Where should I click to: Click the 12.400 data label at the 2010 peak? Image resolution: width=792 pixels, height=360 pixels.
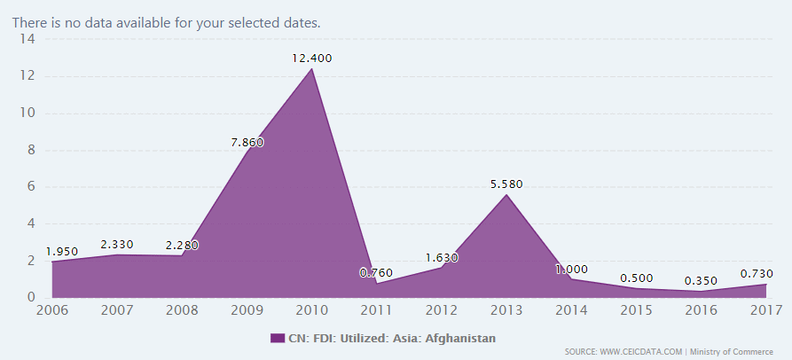(311, 58)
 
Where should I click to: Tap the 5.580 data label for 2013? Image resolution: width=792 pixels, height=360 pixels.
(506, 184)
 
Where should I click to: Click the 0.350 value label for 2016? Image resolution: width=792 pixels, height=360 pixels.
(702, 282)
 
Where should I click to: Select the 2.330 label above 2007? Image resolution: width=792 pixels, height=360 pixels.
(116, 244)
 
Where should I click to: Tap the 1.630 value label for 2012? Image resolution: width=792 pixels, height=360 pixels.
(442, 257)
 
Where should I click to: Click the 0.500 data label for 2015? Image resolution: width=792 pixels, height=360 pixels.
(637, 278)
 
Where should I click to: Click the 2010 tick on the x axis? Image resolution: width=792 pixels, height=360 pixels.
(311, 310)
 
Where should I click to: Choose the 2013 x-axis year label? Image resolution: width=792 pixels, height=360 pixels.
(506, 310)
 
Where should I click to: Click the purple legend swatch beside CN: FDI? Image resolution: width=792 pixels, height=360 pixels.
(274, 338)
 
